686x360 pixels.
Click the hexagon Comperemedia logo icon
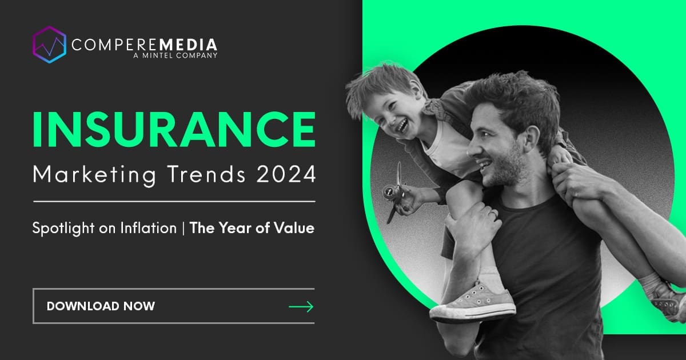point(49,45)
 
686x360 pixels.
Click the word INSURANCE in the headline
point(174,130)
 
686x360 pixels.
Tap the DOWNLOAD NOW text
point(101,306)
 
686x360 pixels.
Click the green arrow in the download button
point(301,307)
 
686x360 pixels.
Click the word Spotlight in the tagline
point(61,229)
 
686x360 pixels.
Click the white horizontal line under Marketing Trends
point(174,201)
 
